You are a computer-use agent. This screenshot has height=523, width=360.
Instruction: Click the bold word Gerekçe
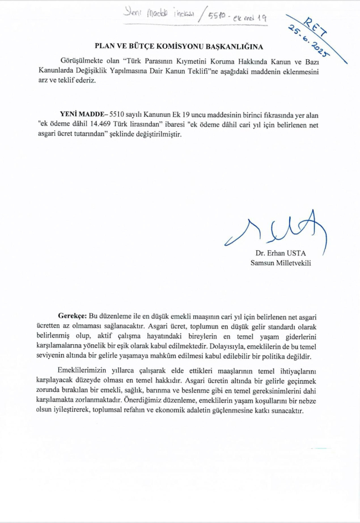(72, 315)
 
